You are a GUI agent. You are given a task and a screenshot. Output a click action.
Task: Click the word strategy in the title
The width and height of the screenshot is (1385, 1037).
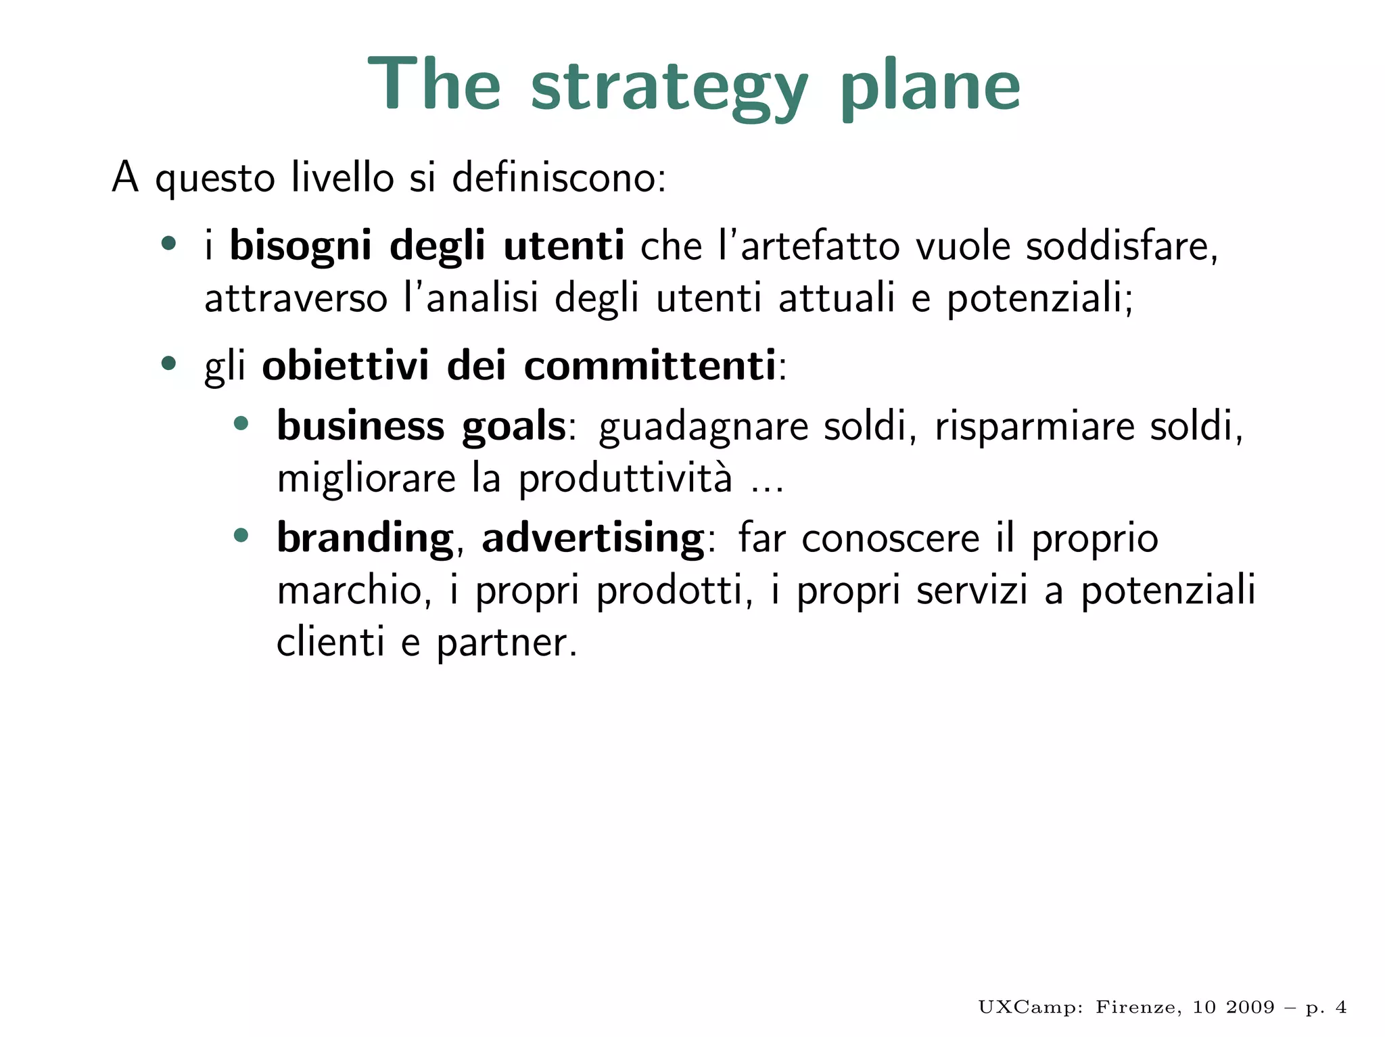(x=669, y=87)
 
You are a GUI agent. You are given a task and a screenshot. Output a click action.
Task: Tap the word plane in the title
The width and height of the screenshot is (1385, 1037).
(x=930, y=87)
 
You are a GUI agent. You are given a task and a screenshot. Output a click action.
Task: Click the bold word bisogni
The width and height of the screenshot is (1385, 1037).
(x=300, y=246)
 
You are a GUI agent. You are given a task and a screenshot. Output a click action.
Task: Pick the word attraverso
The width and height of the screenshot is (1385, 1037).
(x=296, y=298)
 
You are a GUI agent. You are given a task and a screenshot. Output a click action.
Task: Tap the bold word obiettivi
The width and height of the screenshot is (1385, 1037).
(x=346, y=366)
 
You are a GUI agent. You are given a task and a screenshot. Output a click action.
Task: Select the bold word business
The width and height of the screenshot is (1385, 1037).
(x=360, y=426)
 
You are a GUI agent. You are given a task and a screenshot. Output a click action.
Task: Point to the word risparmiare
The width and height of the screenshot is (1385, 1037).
(x=1034, y=426)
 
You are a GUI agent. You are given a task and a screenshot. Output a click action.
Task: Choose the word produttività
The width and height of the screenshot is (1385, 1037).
(x=625, y=479)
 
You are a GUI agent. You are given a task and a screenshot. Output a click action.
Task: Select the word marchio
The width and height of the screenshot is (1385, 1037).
(x=350, y=591)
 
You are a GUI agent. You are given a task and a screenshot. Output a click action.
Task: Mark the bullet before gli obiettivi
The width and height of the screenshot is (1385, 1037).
(x=168, y=364)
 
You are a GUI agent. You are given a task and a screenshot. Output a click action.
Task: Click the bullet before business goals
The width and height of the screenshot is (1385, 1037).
(x=241, y=424)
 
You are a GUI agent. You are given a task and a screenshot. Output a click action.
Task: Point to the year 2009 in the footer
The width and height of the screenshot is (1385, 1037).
(x=1250, y=1008)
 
